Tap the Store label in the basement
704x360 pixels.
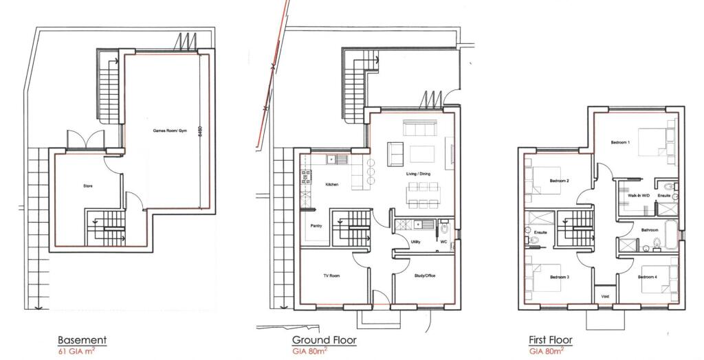[88, 185]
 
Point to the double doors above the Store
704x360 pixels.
[85, 139]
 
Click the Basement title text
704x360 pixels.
[82, 340]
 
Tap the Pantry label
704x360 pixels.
[317, 225]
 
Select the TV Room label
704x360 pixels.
[333, 275]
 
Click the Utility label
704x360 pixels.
[415, 242]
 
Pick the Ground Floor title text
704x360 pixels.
[324, 340]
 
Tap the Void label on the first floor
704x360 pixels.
[604, 297]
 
